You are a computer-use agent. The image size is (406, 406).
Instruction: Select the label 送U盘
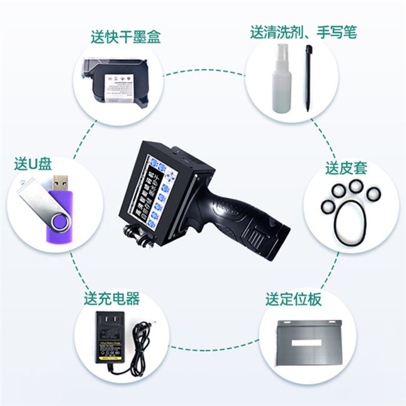tap(32, 164)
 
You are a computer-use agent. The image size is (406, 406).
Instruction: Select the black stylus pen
tap(308, 78)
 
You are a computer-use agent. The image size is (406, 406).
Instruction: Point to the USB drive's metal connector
tap(61, 182)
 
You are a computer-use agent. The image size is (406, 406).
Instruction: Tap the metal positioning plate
tap(309, 340)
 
